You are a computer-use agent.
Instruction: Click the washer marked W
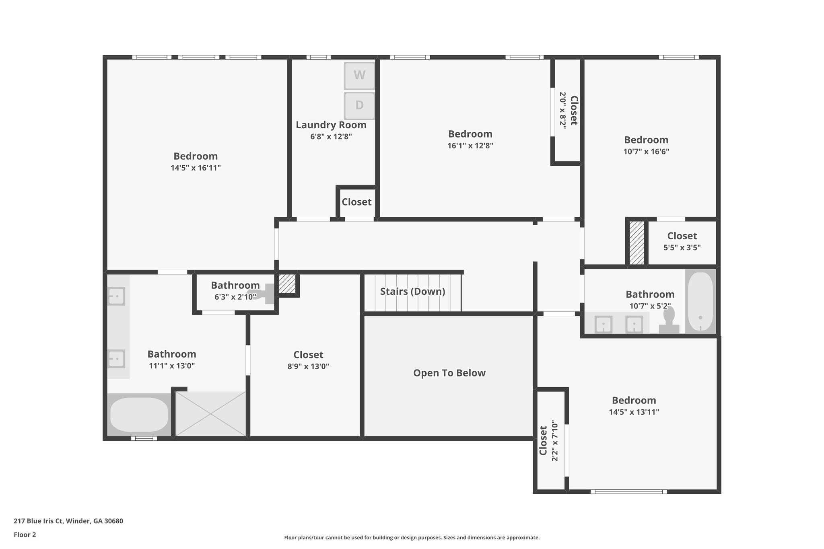pyautogui.click(x=359, y=75)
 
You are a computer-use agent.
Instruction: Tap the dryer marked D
pyautogui.click(x=359, y=106)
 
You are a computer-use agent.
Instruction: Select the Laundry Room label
pyautogui.click(x=331, y=125)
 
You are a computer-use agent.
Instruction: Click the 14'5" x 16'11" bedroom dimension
pyautogui.click(x=196, y=168)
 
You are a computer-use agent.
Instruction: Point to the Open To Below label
pyautogui.click(x=449, y=373)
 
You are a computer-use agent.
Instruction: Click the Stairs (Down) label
pyautogui.click(x=413, y=291)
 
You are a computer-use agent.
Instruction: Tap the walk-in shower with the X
pyautogui.click(x=211, y=413)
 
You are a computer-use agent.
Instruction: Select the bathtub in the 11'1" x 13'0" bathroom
pyautogui.click(x=139, y=414)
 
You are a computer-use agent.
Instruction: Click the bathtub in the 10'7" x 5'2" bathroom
pyautogui.click(x=700, y=301)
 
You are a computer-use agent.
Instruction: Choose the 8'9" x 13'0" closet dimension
pyautogui.click(x=308, y=366)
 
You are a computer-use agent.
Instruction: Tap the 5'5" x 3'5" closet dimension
pyautogui.click(x=682, y=248)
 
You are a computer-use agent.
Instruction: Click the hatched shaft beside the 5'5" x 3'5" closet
pyautogui.click(x=637, y=243)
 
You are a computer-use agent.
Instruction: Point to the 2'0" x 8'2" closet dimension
pyautogui.click(x=562, y=110)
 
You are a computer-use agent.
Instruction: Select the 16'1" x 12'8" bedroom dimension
pyautogui.click(x=470, y=146)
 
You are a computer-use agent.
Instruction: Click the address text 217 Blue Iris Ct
pyautogui.click(x=39, y=521)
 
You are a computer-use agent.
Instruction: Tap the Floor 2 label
pyautogui.click(x=25, y=535)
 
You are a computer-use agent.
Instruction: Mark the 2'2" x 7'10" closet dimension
pyautogui.click(x=555, y=441)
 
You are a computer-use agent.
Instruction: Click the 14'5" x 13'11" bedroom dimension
pyautogui.click(x=634, y=412)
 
